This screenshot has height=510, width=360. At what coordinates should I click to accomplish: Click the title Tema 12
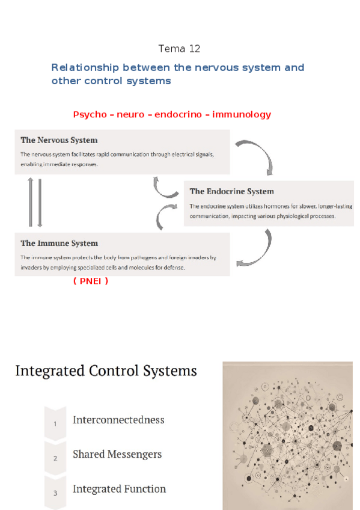click(179, 49)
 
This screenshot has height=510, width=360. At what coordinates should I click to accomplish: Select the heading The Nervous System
click(59, 140)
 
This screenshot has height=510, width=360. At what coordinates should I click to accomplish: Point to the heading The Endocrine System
click(231, 191)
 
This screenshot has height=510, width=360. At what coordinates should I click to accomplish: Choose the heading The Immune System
click(59, 243)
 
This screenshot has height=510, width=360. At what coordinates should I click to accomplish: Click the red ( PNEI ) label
click(90, 280)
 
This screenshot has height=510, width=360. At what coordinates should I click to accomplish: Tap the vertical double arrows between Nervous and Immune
click(35, 202)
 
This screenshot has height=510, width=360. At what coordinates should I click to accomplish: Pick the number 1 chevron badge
click(55, 423)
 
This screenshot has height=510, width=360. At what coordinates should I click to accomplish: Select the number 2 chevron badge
click(55, 458)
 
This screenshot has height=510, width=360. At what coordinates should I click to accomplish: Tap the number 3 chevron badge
click(55, 493)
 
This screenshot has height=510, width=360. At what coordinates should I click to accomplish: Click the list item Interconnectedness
click(118, 420)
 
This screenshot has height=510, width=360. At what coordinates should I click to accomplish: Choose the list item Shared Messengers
click(117, 455)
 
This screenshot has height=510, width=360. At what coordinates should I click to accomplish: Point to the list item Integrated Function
click(119, 489)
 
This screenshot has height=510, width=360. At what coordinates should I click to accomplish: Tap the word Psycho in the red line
click(89, 114)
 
